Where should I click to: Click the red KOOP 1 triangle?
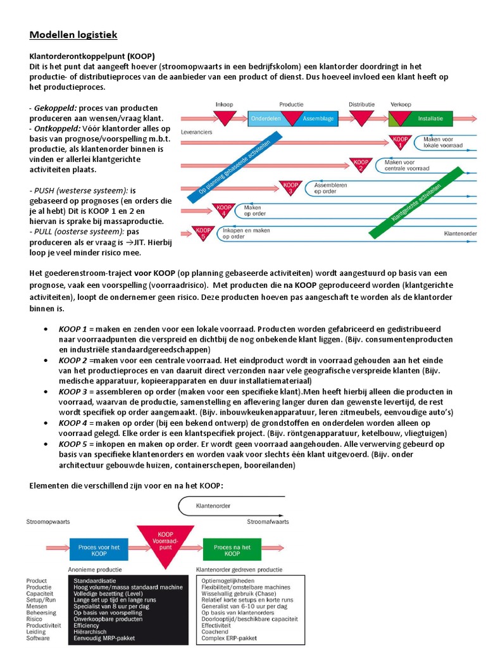399,142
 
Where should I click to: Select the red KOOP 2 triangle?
360,165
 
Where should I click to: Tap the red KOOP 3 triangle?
289,187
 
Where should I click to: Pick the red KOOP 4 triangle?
225,209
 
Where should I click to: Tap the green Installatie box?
430,118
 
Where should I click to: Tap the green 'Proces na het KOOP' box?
232,550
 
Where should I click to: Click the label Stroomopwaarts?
47,522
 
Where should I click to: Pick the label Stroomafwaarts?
268,522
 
